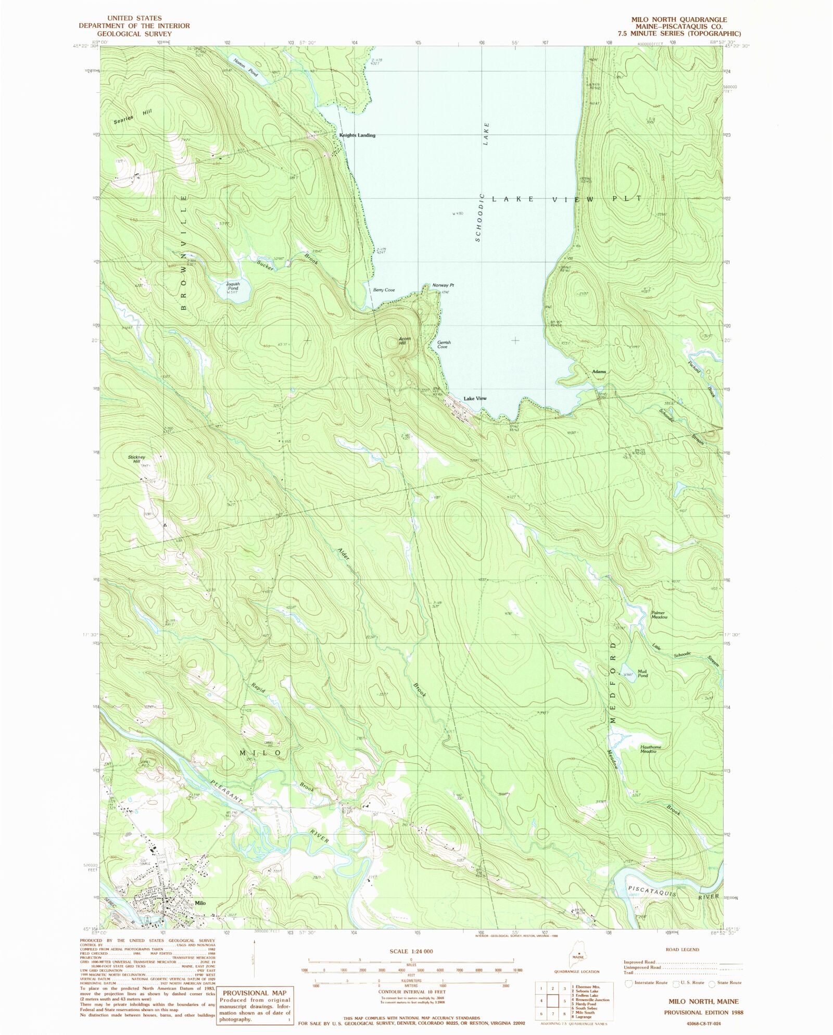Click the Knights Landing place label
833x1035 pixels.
click(357, 135)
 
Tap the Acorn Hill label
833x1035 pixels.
click(405, 341)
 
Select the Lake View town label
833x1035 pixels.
click(475, 398)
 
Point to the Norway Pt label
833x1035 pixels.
click(443, 285)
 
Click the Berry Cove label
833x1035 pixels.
click(384, 290)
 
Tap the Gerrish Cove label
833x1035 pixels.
click(444, 345)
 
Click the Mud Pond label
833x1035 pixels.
click(642, 673)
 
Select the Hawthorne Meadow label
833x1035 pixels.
click(650, 749)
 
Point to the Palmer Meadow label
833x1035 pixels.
click(659, 615)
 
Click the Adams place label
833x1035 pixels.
click(599, 372)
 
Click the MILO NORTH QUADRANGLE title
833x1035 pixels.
click(679, 19)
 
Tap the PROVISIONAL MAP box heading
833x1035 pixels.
click(255, 992)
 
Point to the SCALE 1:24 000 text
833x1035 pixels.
click(411, 951)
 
